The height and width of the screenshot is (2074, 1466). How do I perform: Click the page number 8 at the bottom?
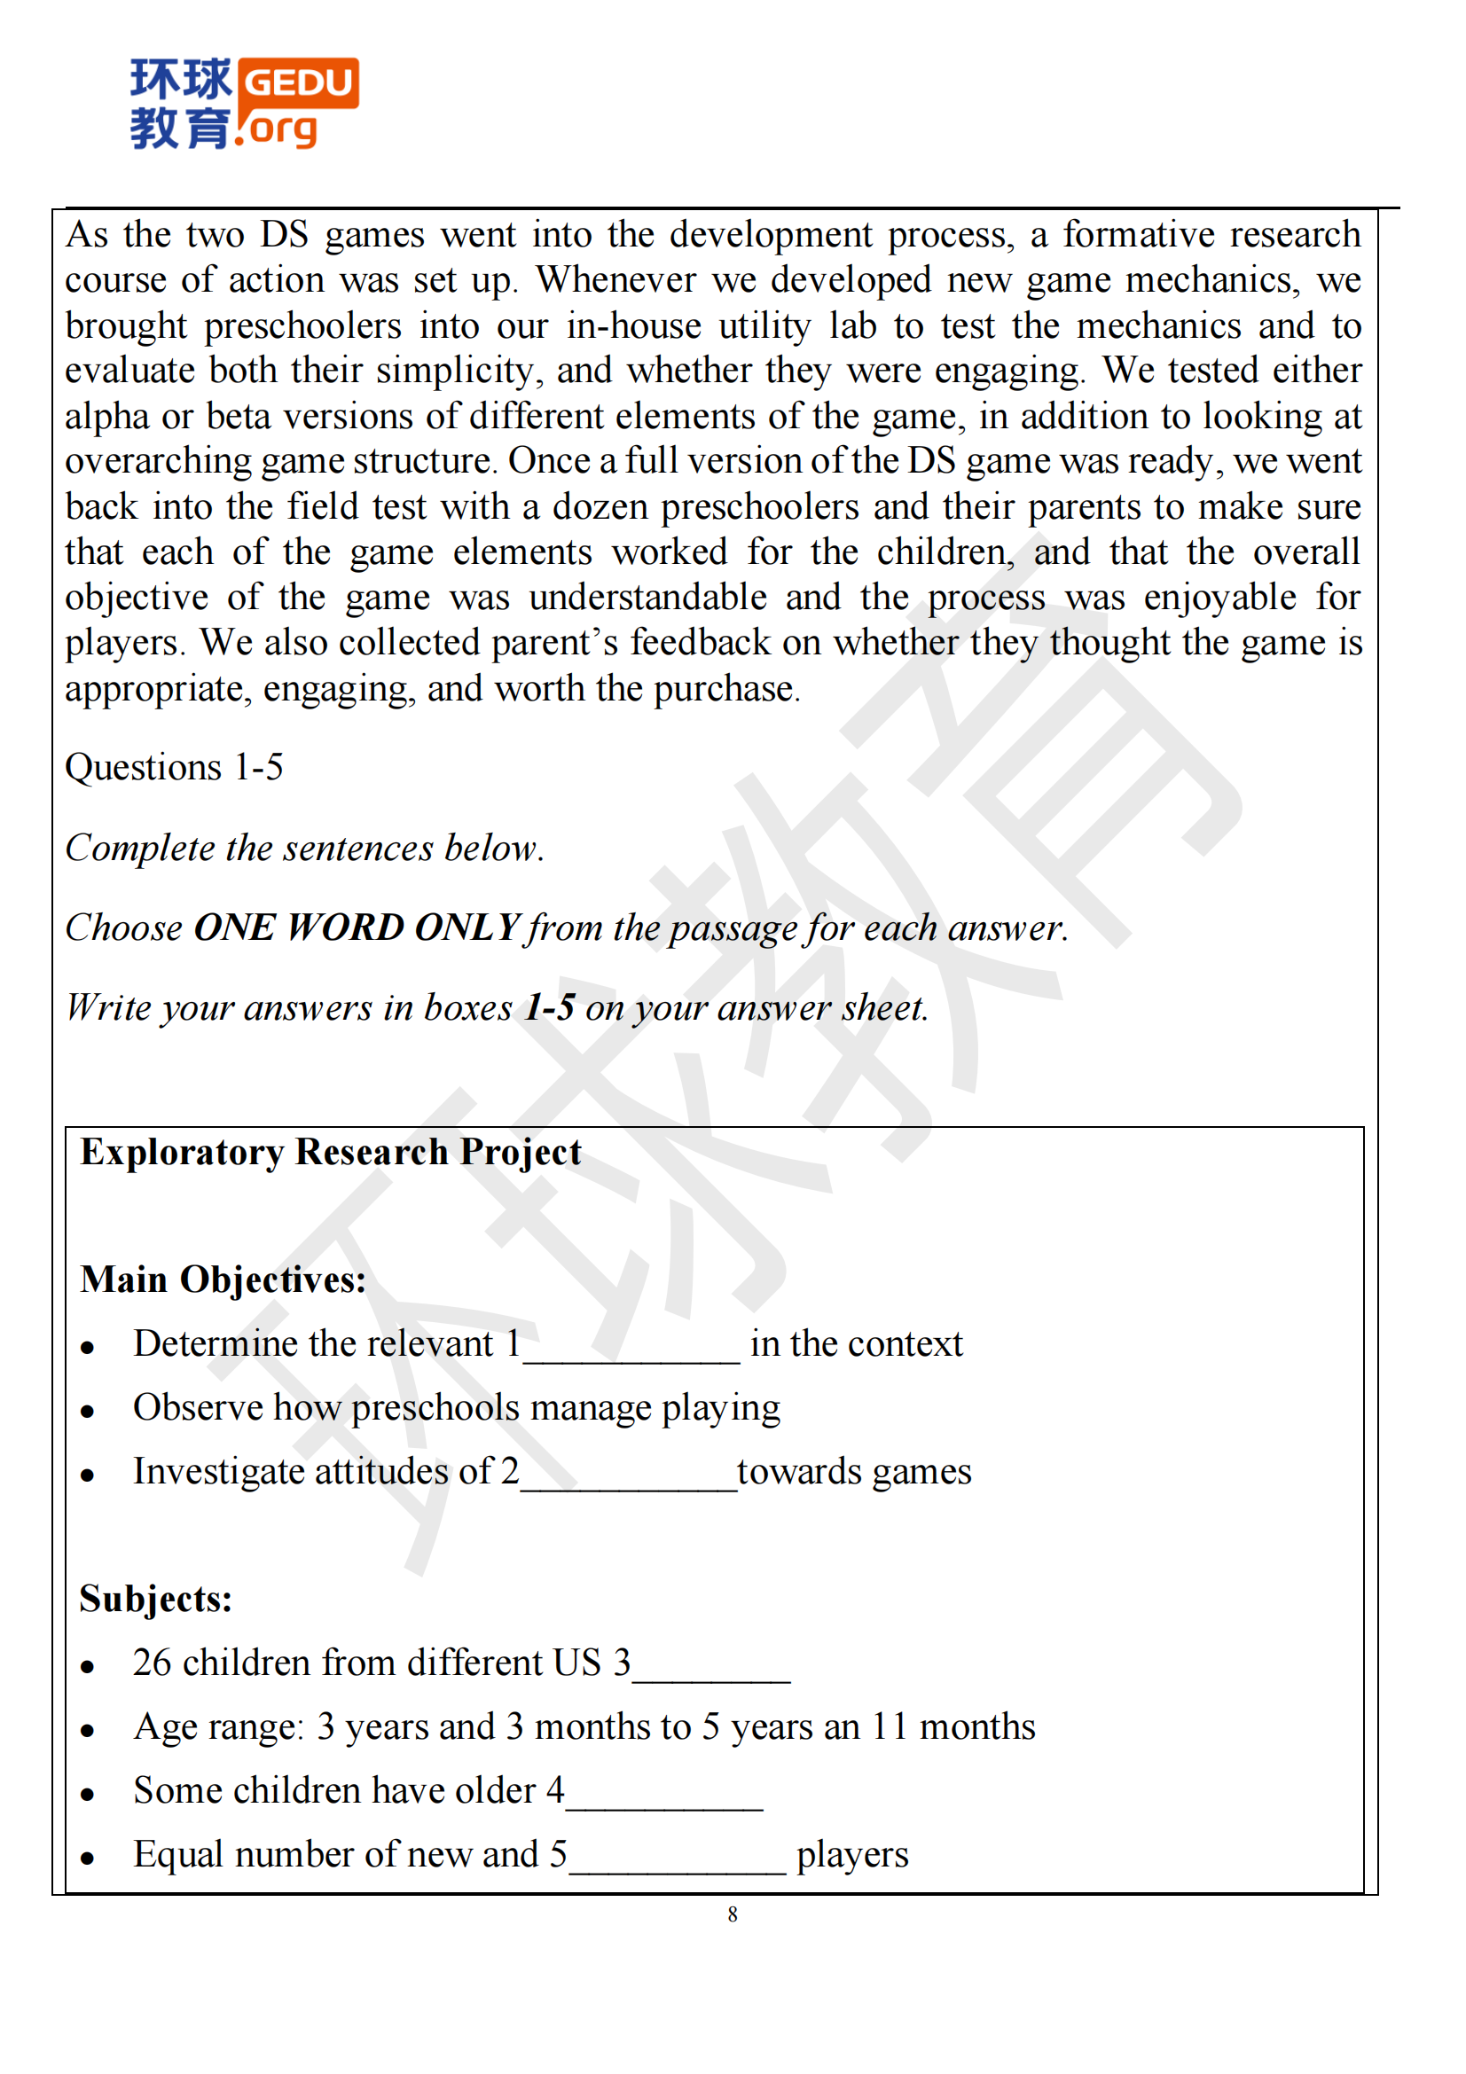tap(733, 1914)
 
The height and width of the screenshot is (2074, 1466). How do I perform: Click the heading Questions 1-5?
tap(175, 767)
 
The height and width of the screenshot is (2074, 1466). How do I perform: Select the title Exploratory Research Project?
tap(331, 1152)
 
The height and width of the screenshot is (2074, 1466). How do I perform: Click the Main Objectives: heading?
tap(223, 1280)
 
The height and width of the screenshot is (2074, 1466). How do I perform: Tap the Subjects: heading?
tap(155, 1598)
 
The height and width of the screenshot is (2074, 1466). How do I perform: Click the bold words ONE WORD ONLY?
tap(357, 927)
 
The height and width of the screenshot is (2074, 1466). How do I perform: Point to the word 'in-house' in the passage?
tap(633, 325)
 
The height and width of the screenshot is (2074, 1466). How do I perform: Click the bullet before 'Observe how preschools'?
tap(88, 1411)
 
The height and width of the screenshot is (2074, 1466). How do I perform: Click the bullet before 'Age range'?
tap(88, 1731)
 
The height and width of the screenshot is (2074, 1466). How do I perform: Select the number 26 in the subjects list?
tap(152, 1662)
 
